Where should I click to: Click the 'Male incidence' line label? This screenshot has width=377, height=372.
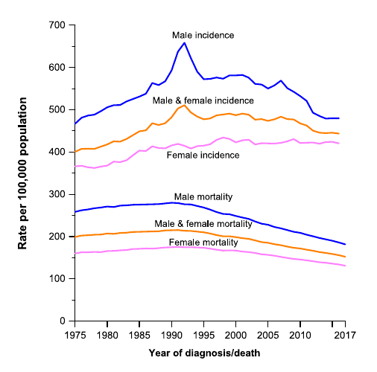coord(203,35)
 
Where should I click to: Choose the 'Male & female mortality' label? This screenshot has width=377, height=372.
coord(203,223)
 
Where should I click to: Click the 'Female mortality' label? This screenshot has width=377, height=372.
coord(204,243)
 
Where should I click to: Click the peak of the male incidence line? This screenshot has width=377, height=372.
coord(185,42)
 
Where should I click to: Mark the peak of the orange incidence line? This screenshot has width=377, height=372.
coord(184,105)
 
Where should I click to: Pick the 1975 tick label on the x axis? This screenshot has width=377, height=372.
coord(75,335)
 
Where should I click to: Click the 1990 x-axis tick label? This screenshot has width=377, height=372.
coord(171,335)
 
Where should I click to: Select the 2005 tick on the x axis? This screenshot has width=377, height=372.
coord(267,335)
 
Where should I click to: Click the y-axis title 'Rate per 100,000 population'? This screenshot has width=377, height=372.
coord(25,173)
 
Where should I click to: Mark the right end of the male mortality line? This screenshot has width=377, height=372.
coord(345,244)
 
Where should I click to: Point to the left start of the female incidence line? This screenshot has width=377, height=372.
coord(75,167)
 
